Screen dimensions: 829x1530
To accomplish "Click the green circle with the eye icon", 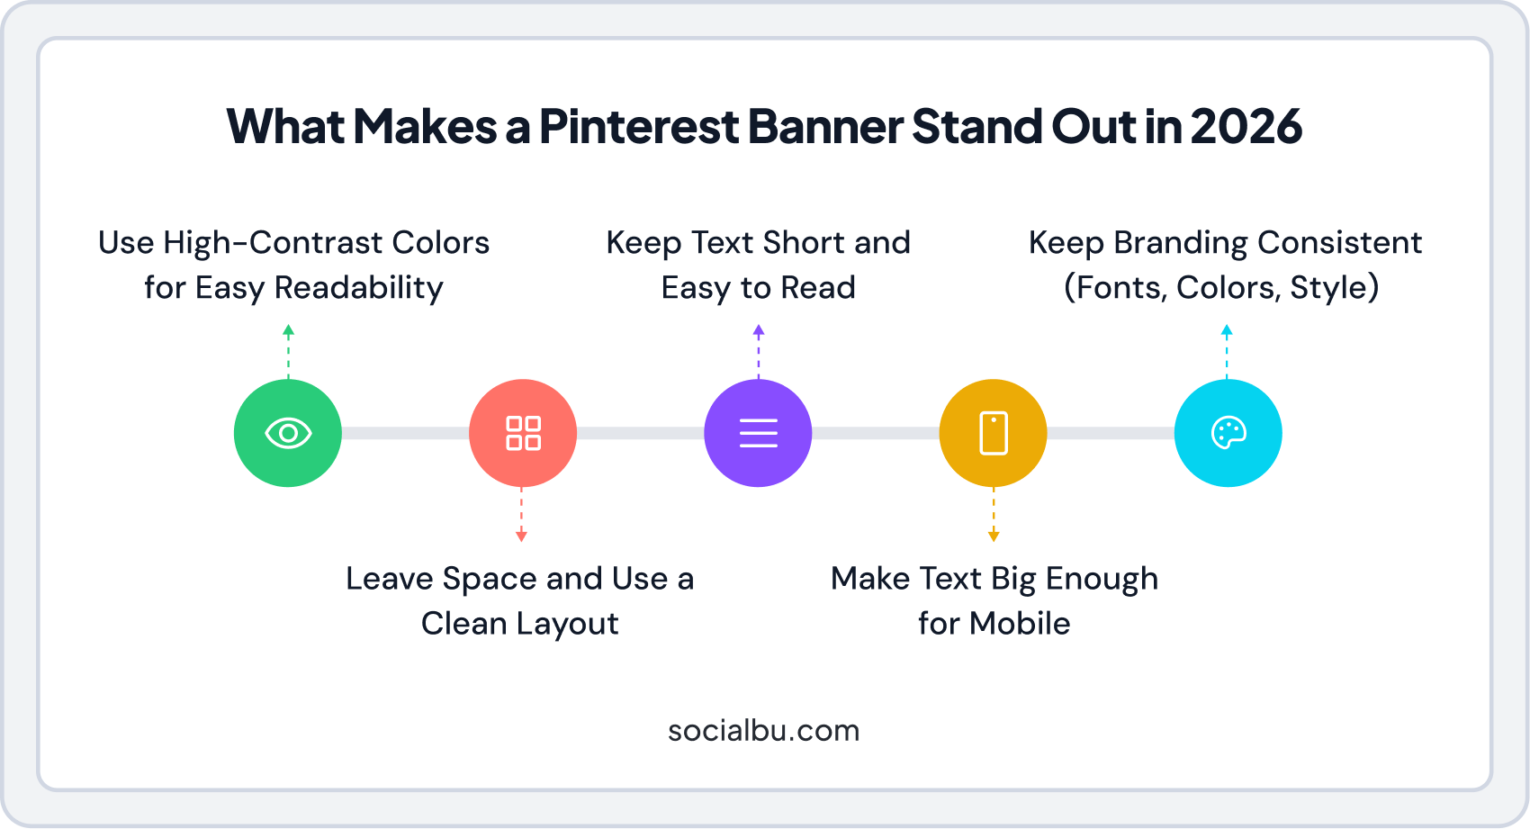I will click(288, 433).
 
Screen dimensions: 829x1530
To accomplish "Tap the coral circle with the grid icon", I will click(523, 433).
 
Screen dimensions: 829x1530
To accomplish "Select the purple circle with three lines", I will click(758, 433).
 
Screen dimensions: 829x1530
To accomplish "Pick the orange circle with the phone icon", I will click(993, 433).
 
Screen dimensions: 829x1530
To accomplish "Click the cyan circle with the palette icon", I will click(1228, 433).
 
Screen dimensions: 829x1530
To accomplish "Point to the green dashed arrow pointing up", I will click(288, 351).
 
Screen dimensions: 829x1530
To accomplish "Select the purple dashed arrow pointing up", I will click(759, 351).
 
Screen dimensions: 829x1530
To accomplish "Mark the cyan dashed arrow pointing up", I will click(1227, 351).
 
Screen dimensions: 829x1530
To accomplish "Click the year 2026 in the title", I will click(1246, 126).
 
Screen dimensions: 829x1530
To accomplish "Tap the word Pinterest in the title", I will click(639, 126).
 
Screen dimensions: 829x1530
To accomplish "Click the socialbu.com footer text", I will click(763, 730).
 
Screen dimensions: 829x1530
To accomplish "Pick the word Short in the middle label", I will click(803, 243).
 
